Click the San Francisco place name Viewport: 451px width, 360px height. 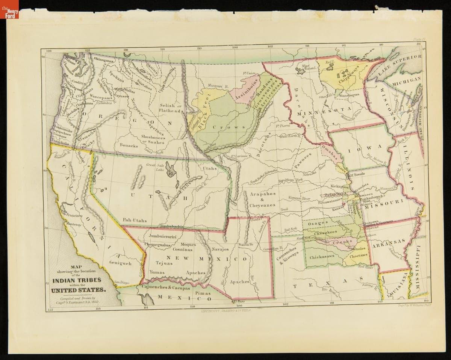pyautogui.click(x=71, y=215)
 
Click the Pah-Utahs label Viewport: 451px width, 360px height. pyautogui.click(x=135, y=220)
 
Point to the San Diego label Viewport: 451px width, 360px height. pyautogui.click(x=122, y=282)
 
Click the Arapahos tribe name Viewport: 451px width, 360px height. pyautogui.click(x=262, y=194)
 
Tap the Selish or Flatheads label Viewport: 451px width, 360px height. pyautogui.click(x=171, y=108)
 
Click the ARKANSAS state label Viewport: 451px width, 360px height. pyautogui.click(x=389, y=245)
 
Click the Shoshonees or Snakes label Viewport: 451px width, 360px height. pyautogui.click(x=153, y=139)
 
